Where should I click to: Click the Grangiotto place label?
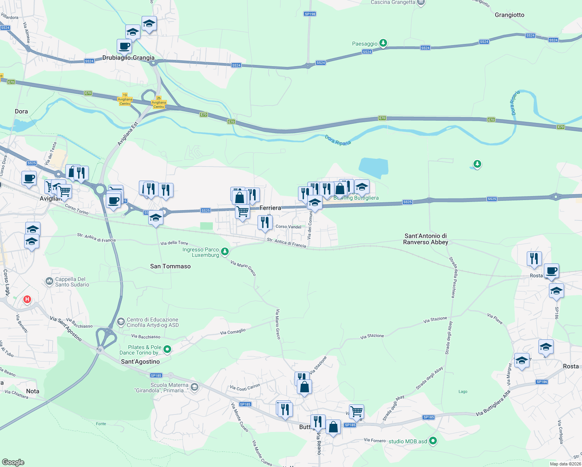[x=509, y=15]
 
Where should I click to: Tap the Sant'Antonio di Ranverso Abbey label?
[x=426, y=239]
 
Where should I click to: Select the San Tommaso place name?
[x=170, y=266]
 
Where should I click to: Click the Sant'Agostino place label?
[x=140, y=362]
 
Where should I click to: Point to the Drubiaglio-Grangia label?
[x=128, y=58]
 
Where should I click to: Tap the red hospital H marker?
[x=27, y=299]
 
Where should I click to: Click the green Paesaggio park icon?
[x=383, y=43]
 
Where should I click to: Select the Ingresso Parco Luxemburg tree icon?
[x=225, y=252]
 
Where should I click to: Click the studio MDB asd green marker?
[x=433, y=441]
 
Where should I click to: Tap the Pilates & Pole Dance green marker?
[x=167, y=349]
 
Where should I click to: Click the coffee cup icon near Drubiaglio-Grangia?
[x=124, y=46]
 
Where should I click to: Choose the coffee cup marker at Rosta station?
[x=551, y=270]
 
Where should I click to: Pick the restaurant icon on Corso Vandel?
[x=265, y=223]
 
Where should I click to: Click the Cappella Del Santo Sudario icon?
[x=49, y=281]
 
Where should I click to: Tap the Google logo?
[x=13, y=462]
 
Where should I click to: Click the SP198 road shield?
[x=310, y=14]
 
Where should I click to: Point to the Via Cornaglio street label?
[x=233, y=332]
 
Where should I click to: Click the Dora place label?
[x=21, y=111]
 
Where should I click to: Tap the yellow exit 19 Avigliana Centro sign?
[x=125, y=99]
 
